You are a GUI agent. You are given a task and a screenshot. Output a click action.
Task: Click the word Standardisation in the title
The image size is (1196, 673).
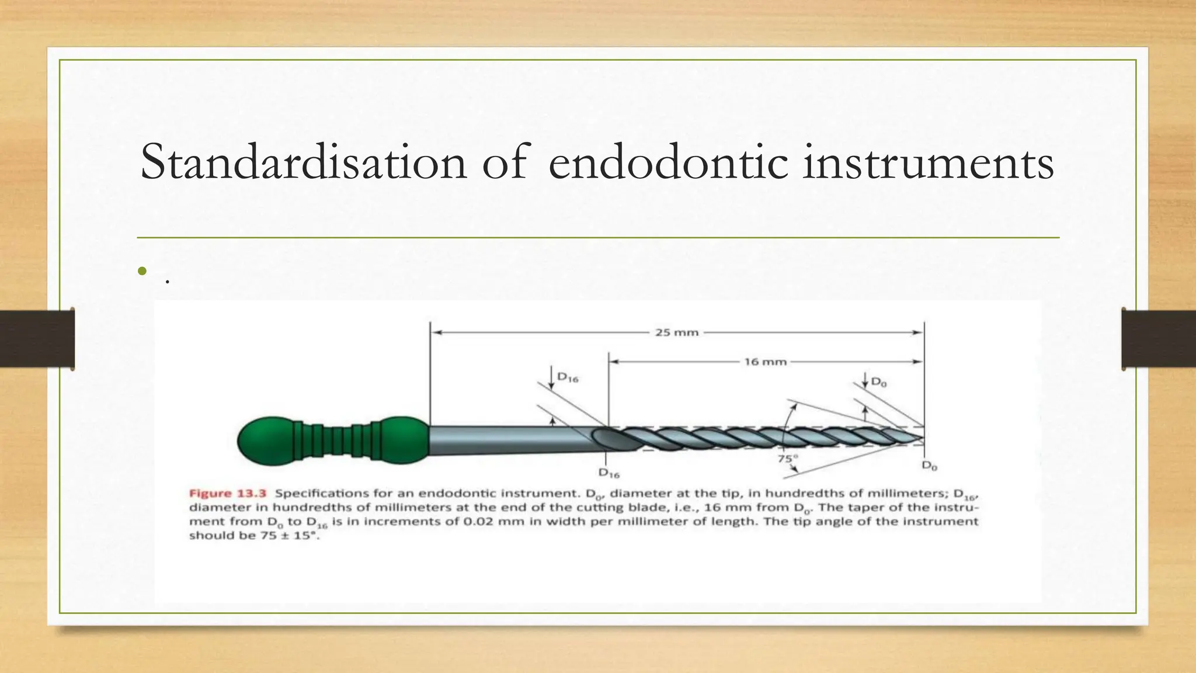coord(303,162)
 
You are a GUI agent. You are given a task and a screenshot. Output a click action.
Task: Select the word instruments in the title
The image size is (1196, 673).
coord(929,162)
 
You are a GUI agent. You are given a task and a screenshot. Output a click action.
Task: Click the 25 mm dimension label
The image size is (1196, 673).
coord(677,332)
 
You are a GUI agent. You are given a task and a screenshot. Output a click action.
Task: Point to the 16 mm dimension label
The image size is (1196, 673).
coord(765,362)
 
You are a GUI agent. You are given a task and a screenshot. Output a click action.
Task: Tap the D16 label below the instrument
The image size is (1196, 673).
coord(609,473)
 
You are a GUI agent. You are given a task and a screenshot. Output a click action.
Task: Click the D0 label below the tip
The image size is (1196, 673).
coord(929,466)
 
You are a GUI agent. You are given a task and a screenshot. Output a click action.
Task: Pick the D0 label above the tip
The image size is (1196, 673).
coord(879,383)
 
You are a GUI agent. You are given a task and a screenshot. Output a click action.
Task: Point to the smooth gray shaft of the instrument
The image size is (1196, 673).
coord(508,439)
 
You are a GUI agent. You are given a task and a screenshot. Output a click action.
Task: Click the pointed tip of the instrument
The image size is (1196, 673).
coord(922,437)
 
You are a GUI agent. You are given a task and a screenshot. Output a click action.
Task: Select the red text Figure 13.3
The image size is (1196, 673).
coord(228,493)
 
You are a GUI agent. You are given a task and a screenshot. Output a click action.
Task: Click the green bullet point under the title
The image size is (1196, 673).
coord(142,271)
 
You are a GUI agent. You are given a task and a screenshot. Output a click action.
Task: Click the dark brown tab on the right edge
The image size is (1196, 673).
coord(1159,338)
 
